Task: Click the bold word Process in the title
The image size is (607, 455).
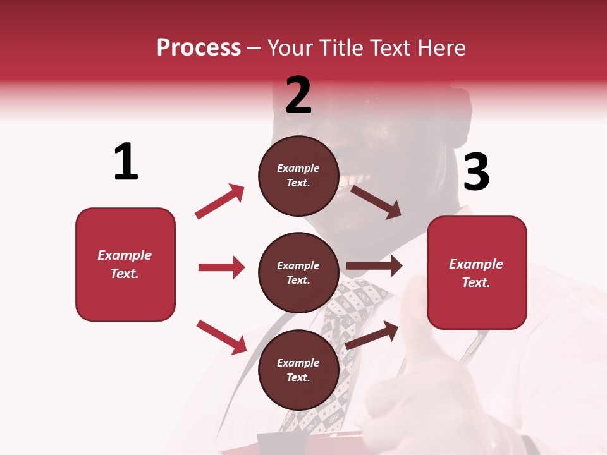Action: tap(199, 47)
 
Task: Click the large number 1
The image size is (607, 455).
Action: tap(126, 162)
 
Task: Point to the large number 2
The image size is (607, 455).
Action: tap(298, 95)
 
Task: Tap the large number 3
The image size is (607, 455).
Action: tap(476, 172)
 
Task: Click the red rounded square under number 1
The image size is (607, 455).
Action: tap(125, 264)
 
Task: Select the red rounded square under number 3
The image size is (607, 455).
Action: tap(477, 273)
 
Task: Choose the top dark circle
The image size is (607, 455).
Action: tap(298, 176)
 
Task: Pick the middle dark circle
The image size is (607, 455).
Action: tap(298, 273)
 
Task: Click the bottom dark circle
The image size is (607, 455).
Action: tap(298, 370)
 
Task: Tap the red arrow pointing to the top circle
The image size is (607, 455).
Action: tap(219, 202)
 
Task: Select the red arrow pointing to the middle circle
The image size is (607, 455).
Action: tap(221, 267)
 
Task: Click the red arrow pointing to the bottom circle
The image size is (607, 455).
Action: tap(221, 337)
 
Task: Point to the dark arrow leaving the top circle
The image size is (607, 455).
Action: tap(376, 202)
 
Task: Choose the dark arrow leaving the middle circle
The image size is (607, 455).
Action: tap(374, 266)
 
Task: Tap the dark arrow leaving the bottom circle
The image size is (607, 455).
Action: tap(372, 335)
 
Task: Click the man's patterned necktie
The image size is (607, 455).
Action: tap(345, 329)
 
